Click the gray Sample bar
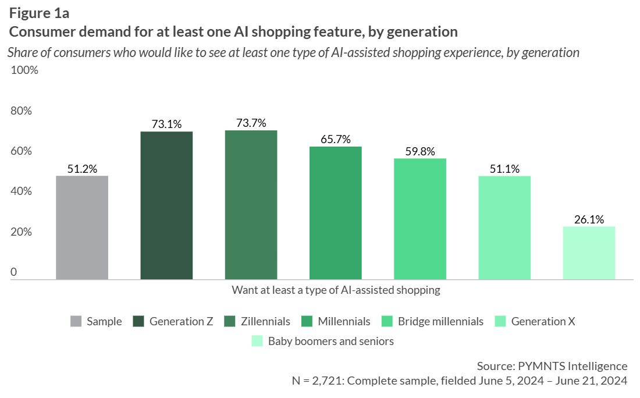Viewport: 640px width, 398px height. click(x=82, y=228)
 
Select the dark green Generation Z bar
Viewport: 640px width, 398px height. click(x=166, y=205)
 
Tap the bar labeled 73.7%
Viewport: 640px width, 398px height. click(x=251, y=205)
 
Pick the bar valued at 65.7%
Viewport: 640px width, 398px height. click(x=335, y=213)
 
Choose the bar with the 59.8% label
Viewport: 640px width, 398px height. click(x=419, y=219)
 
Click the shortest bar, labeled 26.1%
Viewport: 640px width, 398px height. click(x=589, y=253)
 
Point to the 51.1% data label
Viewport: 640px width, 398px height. click(x=504, y=169)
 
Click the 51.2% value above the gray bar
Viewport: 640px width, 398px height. click(x=82, y=169)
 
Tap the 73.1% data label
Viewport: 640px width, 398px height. click(x=166, y=125)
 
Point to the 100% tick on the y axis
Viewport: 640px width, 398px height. click(x=24, y=70)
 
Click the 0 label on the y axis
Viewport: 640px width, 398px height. click(x=14, y=272)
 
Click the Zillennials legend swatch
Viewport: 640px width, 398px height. click(x=230, y=322)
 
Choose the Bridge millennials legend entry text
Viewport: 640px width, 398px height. click(x=440, y=322)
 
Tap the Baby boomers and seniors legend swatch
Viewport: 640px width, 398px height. click(x=257, y=341)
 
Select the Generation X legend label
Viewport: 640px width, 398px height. click(x=543, y=322)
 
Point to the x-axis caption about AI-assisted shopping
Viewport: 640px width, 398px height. click(x=336, y=290)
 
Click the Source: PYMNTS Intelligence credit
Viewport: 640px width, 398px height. click(x=552, y=366)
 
